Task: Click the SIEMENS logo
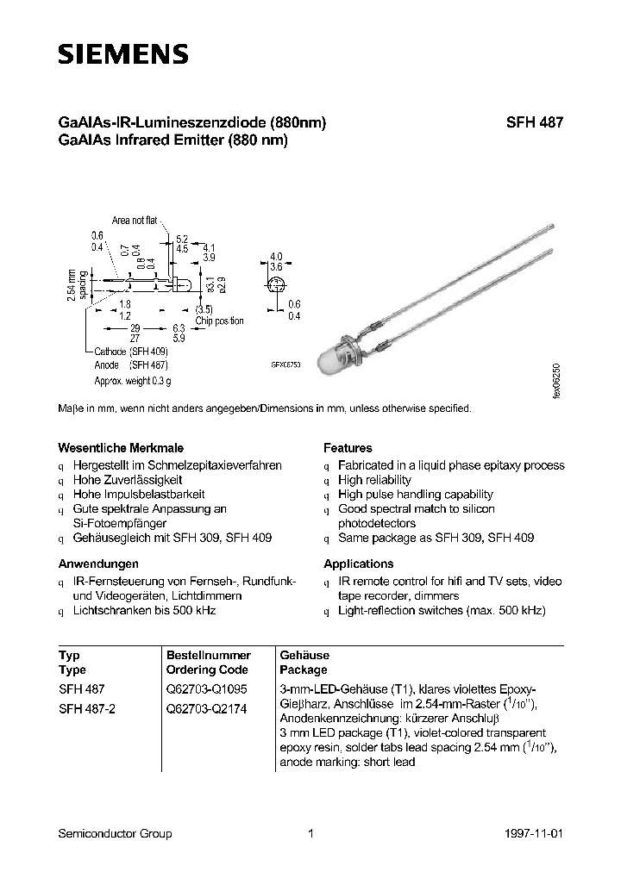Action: click(122, 54)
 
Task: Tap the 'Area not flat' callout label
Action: click(135, 221)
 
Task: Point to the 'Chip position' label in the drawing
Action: click(219, 321)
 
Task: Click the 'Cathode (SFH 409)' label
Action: click(131, 352)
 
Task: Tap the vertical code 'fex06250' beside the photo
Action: click(556, 378)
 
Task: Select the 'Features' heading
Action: click(348, 448)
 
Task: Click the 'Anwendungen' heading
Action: click(98, 564)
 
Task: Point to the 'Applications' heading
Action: click(358, 564)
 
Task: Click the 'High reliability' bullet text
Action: click(374, 480)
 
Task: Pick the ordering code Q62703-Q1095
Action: click(206, 690)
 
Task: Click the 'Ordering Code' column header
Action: click(207, 670)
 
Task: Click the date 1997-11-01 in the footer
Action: click(536, 833)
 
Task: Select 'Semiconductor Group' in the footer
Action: click(115, 833)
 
